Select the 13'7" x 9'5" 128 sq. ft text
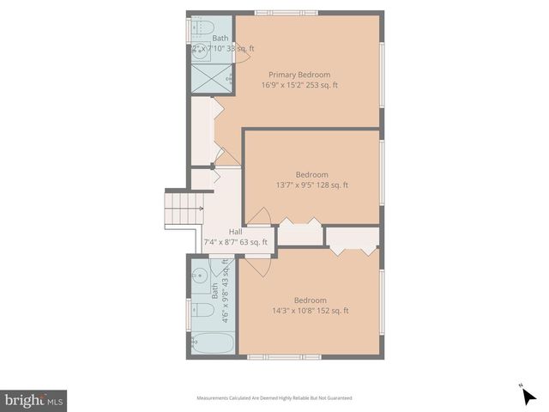[312, 185]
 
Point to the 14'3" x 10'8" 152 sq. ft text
[310, 311]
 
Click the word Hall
[235, 232]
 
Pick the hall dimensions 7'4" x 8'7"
[222, 242]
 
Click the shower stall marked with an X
[209, 79]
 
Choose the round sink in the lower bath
[199, 276]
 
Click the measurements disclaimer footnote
[274, 398]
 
